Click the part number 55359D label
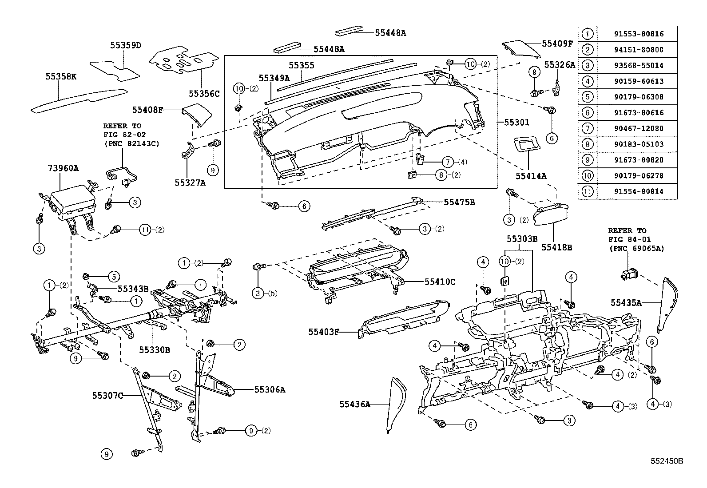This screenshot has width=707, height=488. click(125, 45)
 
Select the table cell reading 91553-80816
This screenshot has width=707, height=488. click(637, 34)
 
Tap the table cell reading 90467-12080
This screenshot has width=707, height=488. click(637, 128)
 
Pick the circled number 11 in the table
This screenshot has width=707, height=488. click(587, 191)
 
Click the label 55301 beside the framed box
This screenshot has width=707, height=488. click(516, 122)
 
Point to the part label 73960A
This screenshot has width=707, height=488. click(63, 168)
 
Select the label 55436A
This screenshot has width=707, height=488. click(354, 404)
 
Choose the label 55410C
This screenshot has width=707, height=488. click(440, 282)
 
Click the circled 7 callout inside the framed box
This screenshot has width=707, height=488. click(447, 162)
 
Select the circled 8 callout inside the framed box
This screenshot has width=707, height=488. click(441, 175)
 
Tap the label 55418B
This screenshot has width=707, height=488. click(556, 247)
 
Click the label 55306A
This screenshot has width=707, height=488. click(270, 390)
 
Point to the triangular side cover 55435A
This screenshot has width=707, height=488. click(668, 306)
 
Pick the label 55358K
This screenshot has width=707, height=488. click(61, 76)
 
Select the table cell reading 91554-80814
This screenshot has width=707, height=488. click(637, 191)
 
